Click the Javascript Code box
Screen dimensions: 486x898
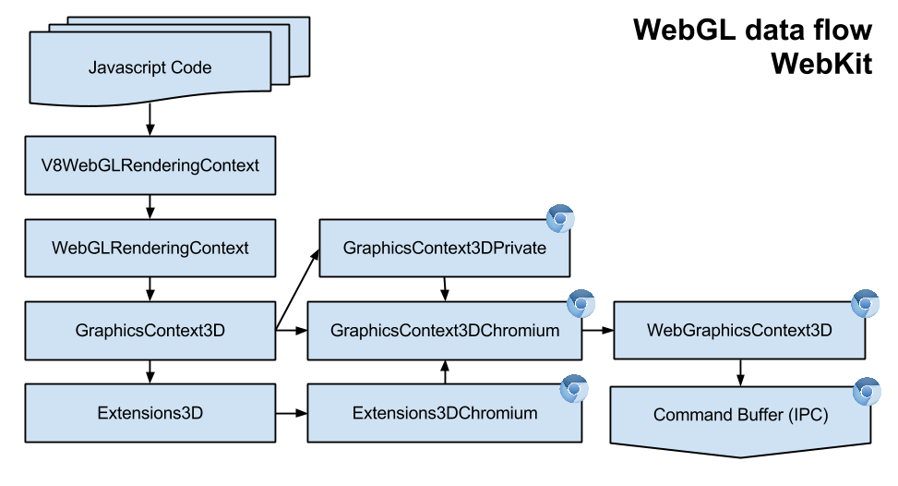(150, 68)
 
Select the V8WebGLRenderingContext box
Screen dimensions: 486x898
(150, 166)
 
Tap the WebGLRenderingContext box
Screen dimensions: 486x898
(150, 248)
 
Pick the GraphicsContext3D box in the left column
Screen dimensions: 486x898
(150, 330)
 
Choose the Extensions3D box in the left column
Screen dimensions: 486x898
(150, 413)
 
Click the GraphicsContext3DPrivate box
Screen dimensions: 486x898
(444, 248)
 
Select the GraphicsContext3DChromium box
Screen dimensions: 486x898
(444, 330)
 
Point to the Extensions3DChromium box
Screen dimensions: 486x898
(444, 413)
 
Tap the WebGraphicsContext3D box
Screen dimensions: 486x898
(739, 330)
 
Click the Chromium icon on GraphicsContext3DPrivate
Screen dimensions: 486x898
(560, 219)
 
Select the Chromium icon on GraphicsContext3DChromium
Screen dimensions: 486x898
(581, 304)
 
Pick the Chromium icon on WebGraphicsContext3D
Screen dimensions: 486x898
(865, 304)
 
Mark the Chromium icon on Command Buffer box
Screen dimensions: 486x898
(866, 392)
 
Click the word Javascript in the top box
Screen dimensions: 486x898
(122, 68)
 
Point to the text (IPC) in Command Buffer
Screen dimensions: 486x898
(808, 416)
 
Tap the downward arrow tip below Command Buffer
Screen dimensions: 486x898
(741, 454)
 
